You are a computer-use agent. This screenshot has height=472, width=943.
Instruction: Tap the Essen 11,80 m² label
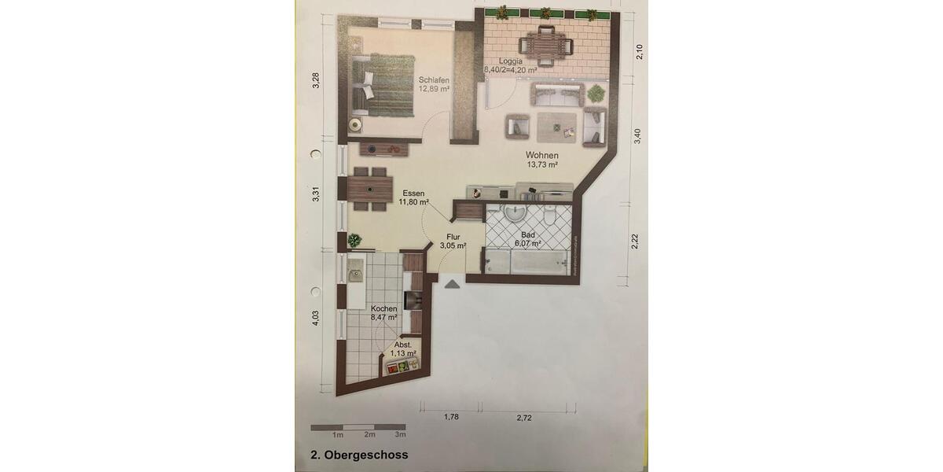413,197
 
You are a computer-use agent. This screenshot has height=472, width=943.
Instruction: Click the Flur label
453,241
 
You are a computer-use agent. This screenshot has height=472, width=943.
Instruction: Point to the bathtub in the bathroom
527,261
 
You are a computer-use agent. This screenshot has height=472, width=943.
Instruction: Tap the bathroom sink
516,213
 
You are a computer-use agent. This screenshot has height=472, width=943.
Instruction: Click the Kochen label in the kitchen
384,313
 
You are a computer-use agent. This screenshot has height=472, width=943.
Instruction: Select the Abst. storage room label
402,349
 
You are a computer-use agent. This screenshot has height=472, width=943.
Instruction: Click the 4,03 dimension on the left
315,317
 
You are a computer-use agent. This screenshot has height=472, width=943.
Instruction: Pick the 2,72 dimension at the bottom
524,418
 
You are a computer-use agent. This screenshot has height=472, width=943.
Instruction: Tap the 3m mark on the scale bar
400,434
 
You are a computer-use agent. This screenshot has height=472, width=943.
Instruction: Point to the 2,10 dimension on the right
639,51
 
